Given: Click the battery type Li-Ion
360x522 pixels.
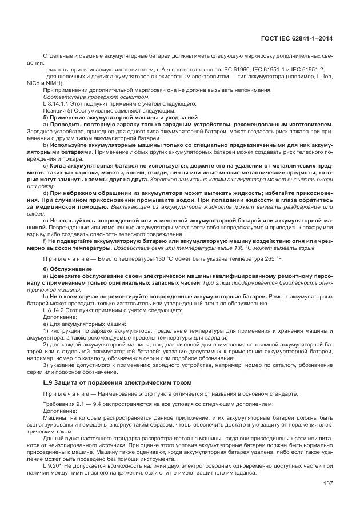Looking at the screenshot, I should pos(324,75).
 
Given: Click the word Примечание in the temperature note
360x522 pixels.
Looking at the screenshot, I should pos(67,259).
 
